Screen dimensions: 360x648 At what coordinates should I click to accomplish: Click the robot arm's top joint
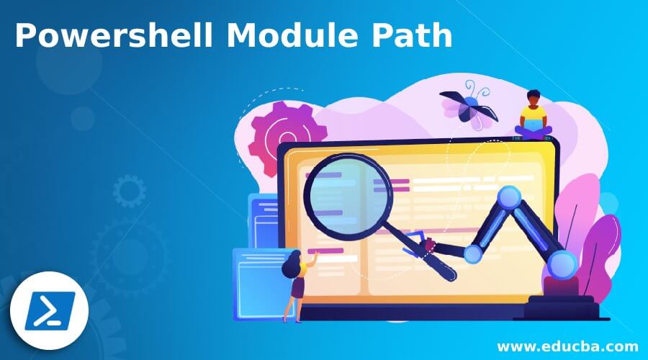coord(510,196)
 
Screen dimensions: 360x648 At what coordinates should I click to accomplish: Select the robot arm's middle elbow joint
coord(473,253)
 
